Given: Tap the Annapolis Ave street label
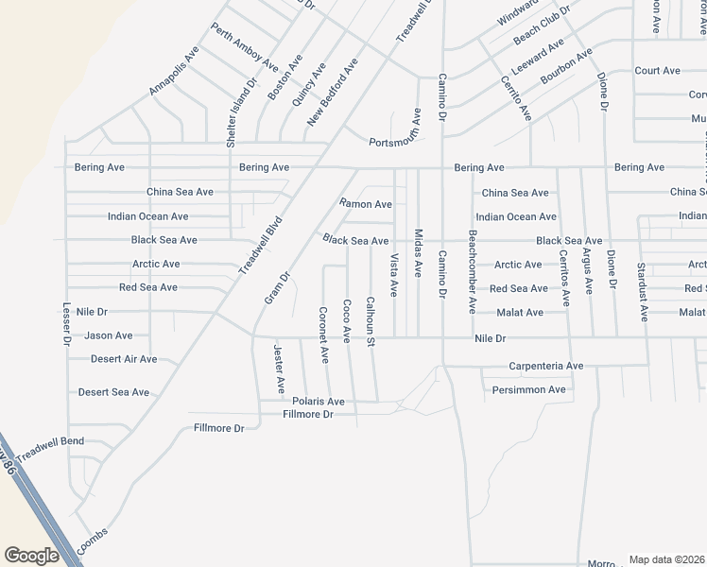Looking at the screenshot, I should point(173,72).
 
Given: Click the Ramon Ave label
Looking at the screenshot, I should point(366,204).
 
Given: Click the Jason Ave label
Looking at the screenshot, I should point(109,335).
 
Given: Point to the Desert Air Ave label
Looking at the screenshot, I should point(124,359).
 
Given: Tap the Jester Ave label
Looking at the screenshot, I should point(279,369).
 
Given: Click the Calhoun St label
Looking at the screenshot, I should point(371,321).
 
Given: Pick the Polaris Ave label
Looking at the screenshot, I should point(319,402).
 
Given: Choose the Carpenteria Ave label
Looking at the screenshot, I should point(546,366).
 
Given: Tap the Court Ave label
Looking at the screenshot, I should point(658,71).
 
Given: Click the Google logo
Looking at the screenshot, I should point(31,556).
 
